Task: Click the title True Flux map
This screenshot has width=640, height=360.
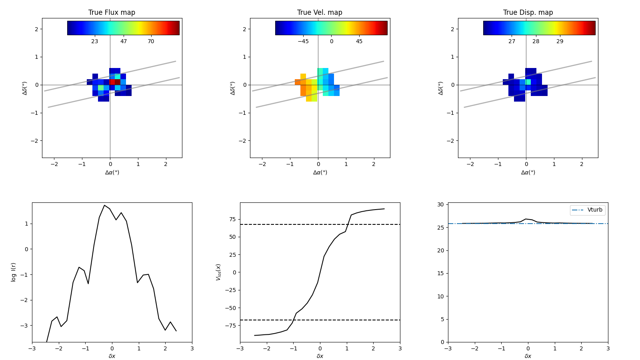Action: [112, 12]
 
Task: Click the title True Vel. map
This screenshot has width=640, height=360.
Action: [320, 12]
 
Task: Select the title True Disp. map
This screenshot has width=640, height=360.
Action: [528, 12]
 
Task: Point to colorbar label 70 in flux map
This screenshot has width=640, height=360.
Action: [151, 42]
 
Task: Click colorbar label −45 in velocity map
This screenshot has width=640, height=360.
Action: [303, 42]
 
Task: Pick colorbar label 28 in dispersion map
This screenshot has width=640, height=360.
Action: [536, 42]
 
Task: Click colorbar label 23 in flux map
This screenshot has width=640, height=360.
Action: [94, 42]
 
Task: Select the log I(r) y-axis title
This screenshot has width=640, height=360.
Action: [14, 272]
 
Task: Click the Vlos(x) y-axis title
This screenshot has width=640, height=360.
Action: [218, 272]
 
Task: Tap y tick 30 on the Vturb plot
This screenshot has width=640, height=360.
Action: [440, 205]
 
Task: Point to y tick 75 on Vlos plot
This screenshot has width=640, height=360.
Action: [232, 219]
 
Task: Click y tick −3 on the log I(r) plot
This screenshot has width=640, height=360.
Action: [25, 326]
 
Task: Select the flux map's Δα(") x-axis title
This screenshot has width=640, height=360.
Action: [112, 172]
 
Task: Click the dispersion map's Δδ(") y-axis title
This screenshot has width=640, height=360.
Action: [441, 88]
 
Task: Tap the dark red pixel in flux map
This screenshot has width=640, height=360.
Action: [118, 82]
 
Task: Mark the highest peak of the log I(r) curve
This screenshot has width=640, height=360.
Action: [104, 205]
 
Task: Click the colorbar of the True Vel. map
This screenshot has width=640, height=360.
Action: [331, 28]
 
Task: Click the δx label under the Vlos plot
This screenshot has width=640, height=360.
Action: [320, 356]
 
